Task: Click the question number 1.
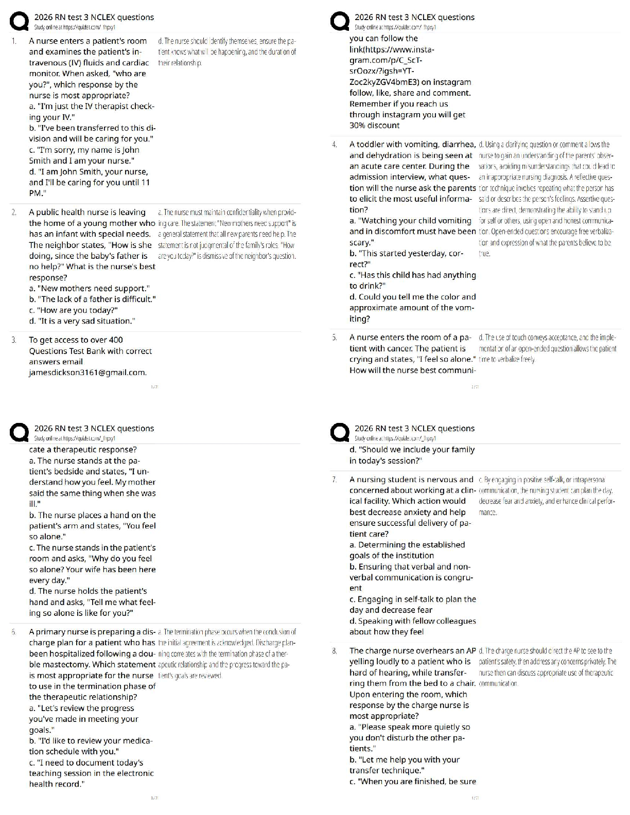tap(13, 41)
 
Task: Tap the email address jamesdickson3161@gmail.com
tap(87, 373)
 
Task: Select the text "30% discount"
tap(374, 126)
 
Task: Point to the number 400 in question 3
tap(115, 340)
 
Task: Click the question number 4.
tap(334, 145)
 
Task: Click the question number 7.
tap(334, 480)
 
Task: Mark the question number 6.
tap(13, 632)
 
